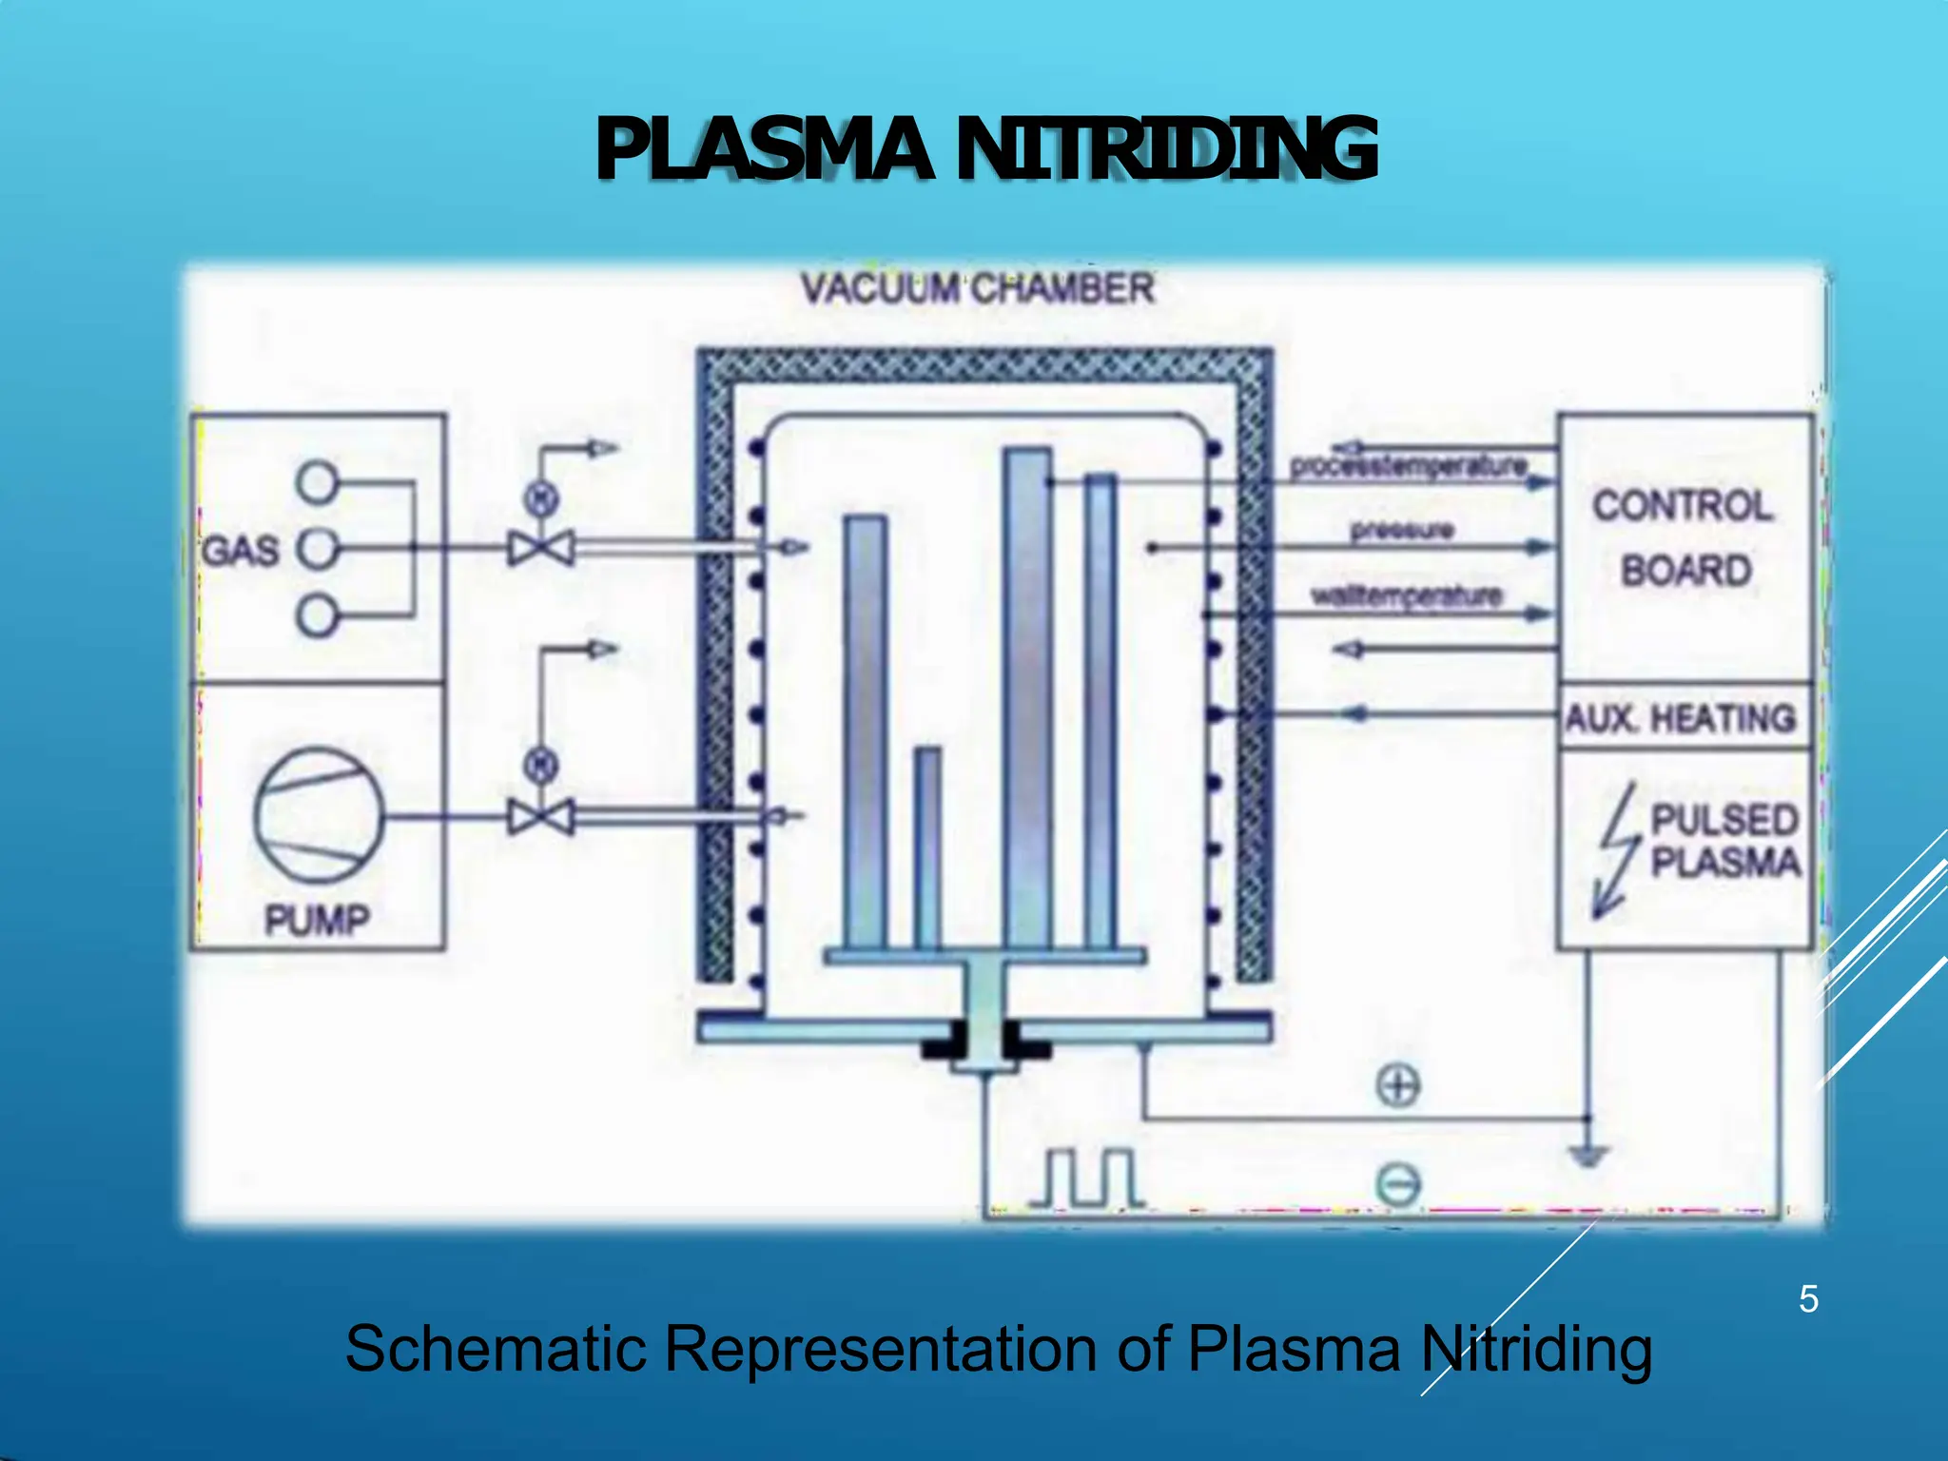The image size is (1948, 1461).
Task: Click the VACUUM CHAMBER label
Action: (977, 288)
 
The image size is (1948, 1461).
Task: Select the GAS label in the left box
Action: (241, 551)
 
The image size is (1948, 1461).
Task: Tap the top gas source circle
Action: (317, 481)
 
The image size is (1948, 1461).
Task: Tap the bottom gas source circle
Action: (317, 615)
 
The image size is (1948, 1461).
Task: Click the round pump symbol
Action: (319, 815)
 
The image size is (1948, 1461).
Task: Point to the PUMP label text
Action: (317, 920)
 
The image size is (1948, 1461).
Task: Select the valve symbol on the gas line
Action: (541, 549)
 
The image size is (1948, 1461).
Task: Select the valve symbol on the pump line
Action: (541, 817)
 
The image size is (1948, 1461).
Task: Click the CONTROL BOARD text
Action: (1685, 537)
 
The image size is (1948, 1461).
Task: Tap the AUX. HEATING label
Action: (1681, 718)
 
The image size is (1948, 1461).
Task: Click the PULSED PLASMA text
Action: (1724, 841)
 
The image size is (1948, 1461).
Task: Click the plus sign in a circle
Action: (1398, 1085)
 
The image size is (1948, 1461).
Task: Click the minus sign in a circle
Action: (1398, 1185)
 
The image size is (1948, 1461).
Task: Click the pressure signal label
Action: (1402, 530)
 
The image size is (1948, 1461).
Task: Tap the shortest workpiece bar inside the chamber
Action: (928, 847)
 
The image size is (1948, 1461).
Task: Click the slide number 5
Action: (1808, 1299)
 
